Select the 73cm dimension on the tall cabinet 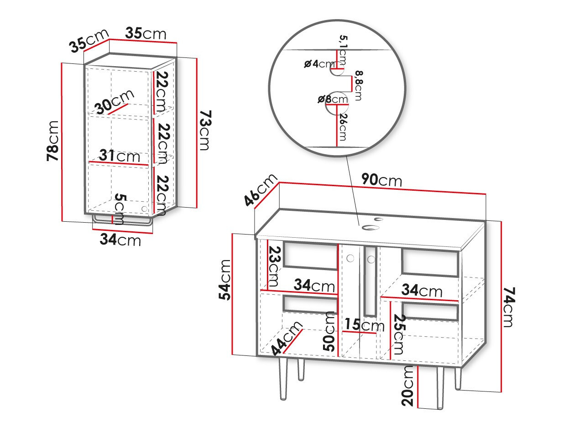(x=205, y=130)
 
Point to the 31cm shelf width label (x=120, y=156)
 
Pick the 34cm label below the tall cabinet (x=120, y=239)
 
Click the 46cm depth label (x=261, y=190)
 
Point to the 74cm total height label (x=508, y=307)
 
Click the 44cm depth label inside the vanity (x=287, y=338)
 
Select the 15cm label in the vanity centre (x=364, y=325)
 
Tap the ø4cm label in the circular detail (x=319, y=64)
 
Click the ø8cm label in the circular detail (x=333, y=99)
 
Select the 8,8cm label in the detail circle (x=357, y=85)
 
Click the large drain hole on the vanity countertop (x=367, y=227)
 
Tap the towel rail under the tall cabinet (x=122, y=223)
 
